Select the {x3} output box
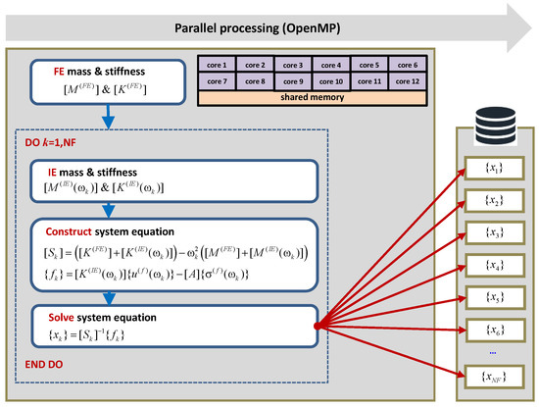coord(487,233)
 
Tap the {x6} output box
coord(487,329)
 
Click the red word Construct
coord(62,229)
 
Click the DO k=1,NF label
coord(54,140)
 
